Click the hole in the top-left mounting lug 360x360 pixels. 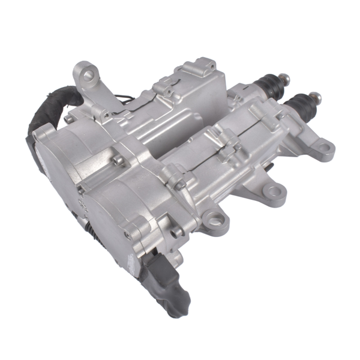coord(89,75)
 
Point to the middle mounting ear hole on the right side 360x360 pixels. coord(274,192)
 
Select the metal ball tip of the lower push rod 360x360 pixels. coord(316,96)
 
